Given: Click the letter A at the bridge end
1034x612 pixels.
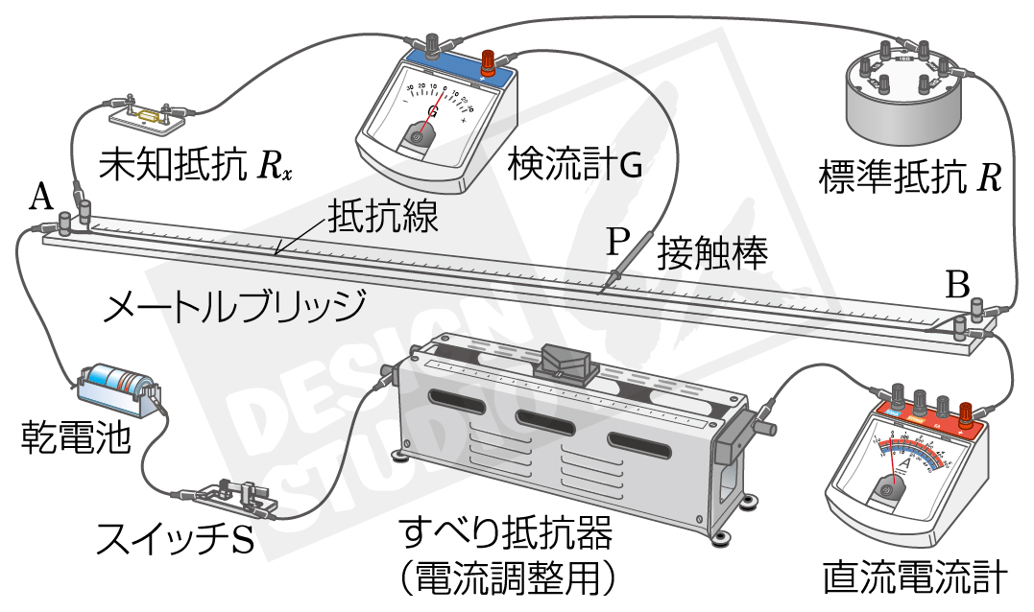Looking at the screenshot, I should (39, 198).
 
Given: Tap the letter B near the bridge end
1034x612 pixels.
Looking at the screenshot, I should (957, 284).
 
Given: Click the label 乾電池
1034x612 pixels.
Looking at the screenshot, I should (62, 442).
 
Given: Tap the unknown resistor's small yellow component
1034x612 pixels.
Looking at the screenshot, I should (148, 115).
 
